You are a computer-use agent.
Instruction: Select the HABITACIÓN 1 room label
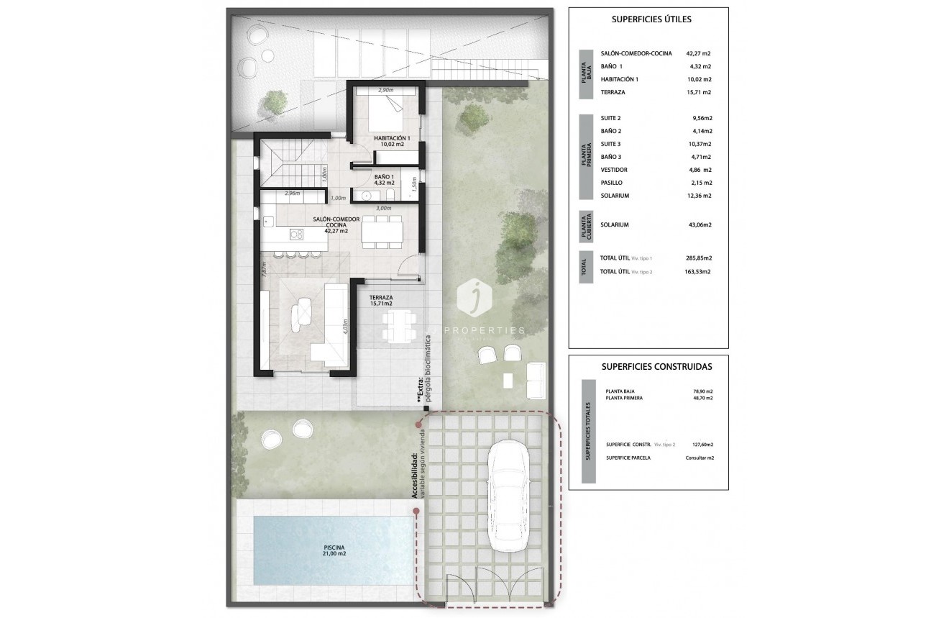point(392,141)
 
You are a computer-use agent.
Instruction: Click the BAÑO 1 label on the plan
point(385,180)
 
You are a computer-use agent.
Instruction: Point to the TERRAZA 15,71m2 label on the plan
point(381,301)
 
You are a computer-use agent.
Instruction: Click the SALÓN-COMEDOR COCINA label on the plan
point(331,224)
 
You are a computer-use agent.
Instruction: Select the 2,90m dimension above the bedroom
point(386,90)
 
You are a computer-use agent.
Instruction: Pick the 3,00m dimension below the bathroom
point(384,208)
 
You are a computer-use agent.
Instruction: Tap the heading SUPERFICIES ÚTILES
point(651,19)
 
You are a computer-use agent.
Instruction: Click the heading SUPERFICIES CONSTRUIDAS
point(656,366)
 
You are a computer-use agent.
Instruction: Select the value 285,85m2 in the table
point(697,258)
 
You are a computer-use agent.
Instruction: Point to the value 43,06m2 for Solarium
point(697,224)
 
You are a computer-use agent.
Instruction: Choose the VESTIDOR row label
point(614,170)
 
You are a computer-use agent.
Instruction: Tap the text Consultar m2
point(699,458)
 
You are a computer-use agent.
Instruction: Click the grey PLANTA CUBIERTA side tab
point(586,225)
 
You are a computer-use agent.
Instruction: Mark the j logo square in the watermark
point(474,299)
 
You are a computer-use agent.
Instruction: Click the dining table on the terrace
point(398,326)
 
